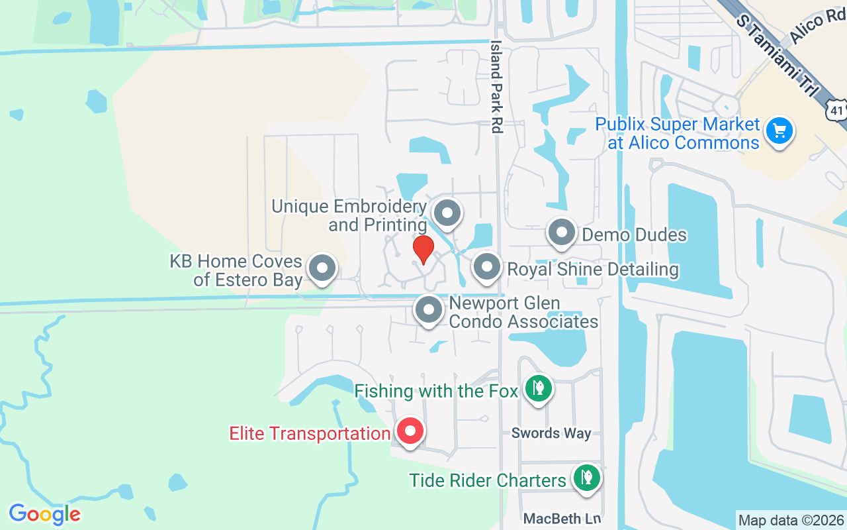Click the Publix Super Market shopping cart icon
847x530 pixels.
pyautogui.click(x=779, y=131)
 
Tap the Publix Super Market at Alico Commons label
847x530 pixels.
pyautogui.click(x=678, y=133)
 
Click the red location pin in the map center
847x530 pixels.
pyautogui.click(x=423, y=250)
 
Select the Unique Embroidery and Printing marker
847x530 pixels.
pyautogui.click(x=447, y=214)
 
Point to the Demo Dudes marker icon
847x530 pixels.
pyautogui.click(x=562, y=233)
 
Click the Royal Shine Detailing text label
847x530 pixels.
pyautogui.click(x=593, y=270)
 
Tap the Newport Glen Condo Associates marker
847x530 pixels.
pyautogui.click(x=429, y=309)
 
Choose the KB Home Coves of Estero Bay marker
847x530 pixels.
pyautogui.click(x=323, y=268)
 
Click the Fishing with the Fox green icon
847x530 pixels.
pyautogui.click(x=539, y=388)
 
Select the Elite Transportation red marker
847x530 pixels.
pyautogui.click(x=410, y=432)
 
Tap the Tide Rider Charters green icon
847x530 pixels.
pyautogui.click(x=586, y=476)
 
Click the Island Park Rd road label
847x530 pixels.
pyautogui.click(x=496, y=86)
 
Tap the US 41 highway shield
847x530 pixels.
pyautogui.click(x=836, y=107)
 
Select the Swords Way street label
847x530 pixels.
pyautogui.click(x=551, y=433)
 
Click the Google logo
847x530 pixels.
pyautogui.click(x=44, y=514)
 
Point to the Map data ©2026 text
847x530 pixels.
pyautogui.click(x=791, y=520)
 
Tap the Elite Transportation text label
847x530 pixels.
pyautogui.click(x=310, y=434)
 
